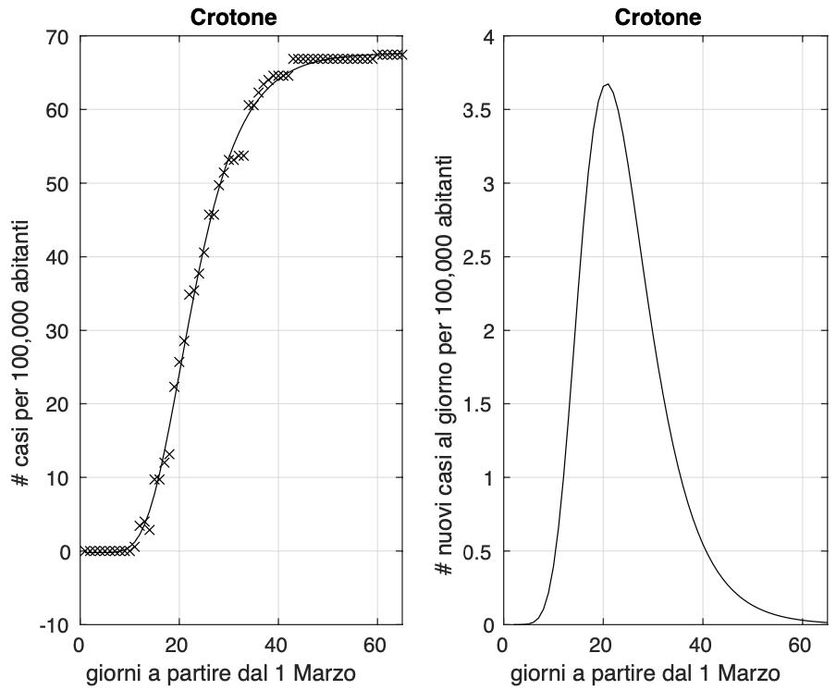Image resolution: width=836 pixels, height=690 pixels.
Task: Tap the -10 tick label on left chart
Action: [x=55, y=625]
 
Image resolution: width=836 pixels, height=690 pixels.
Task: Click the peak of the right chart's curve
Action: [x=607, y=84]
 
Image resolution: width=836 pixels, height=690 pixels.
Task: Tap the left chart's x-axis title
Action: [x=221, y=672]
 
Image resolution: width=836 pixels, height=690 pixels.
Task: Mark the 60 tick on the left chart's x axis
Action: [x=377, y=644]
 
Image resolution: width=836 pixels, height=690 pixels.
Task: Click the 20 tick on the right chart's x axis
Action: [x=603, y=644]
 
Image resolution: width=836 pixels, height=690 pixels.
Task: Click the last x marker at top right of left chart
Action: [x=402, y=55]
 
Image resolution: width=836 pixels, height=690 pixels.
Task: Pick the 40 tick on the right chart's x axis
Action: [x=703, y=644]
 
